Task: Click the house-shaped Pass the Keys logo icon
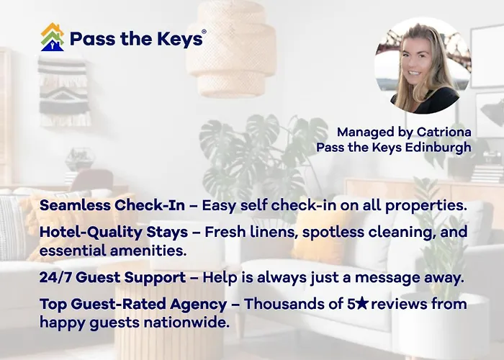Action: [53, 37]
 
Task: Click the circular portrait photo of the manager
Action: [423, 66]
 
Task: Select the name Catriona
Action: [444, 132]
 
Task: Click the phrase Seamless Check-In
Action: [112, 205]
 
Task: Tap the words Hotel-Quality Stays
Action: [114, 232]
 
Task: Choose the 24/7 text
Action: [55, 277]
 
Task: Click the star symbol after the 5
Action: [362, 303]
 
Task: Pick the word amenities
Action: [148, 251]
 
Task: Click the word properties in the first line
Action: [426, 206]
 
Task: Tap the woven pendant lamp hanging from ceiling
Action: [232, 48]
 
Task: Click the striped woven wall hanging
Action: [64, 90]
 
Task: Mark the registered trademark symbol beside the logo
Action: [204, 32]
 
